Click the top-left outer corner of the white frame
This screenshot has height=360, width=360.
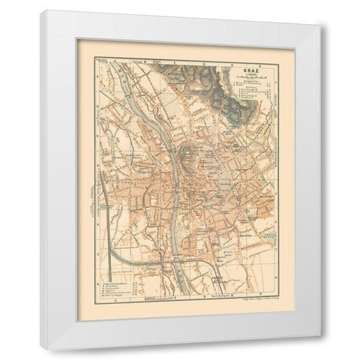tap(40, 10)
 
